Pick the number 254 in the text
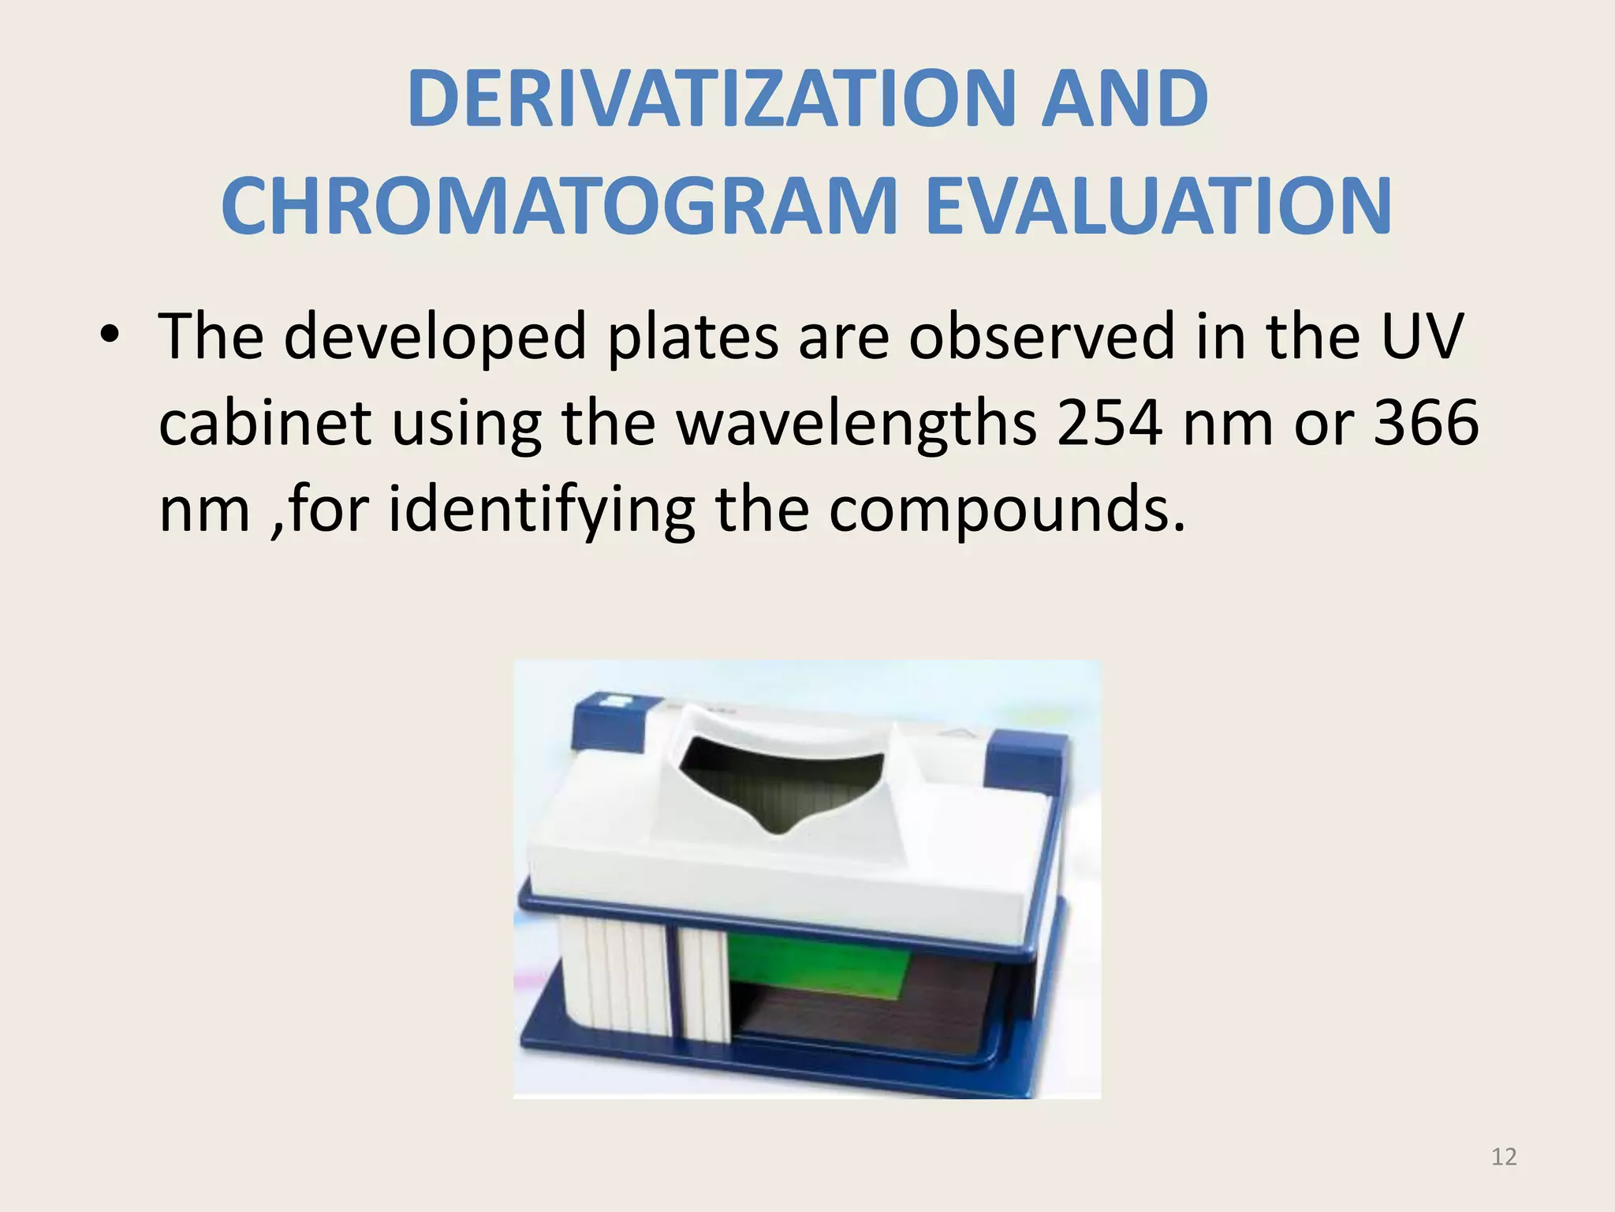[1109, 423]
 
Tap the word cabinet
[265, 423]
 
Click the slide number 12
[1504, 1157]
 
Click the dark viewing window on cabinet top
[785, 789]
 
